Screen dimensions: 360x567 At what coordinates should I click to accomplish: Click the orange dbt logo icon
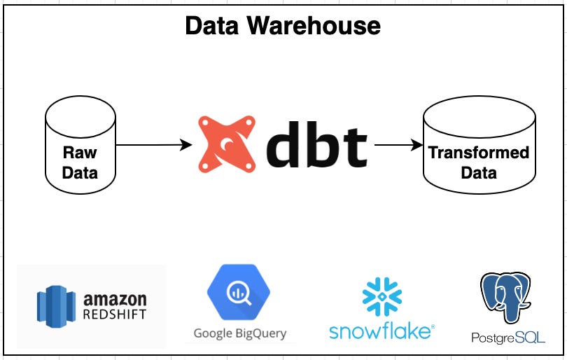click(227, 146)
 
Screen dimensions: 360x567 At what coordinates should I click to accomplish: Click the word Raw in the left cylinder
click(80, 152)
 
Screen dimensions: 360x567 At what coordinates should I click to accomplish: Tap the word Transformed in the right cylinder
click(479, 152)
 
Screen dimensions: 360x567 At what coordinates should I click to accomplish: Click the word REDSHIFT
click(115, 314)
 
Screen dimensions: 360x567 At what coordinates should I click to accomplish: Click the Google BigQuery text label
click(240, 333)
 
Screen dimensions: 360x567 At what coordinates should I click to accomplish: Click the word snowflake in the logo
click(379, 330)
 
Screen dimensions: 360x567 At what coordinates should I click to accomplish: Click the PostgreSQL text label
click(507, 338)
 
